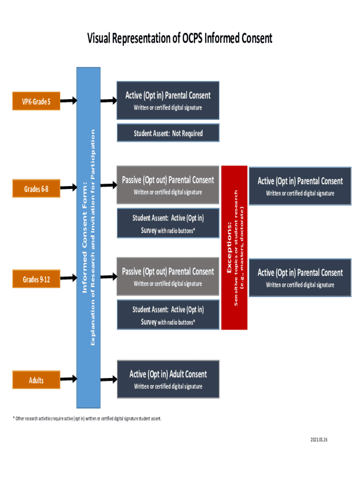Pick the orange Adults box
(x=36, y=380)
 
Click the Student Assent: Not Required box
(x=168, y=133)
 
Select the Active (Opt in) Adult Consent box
(x=168, y=379)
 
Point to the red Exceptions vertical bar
(x=234, y=247)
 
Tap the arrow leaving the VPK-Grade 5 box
(x=68, y=101)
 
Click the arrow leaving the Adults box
(x=68, y=378)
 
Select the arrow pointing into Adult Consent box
(x=108, y=378)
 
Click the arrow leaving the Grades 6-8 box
(x=68, y=187)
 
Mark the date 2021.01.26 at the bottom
(x=318, y=439)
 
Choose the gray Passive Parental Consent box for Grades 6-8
(x=168, y=185)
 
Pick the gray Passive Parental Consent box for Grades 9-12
(x=168, y=276)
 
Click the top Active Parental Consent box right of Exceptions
(x=300, y=186)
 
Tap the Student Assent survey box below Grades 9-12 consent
(x=168, y=315)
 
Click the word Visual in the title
(x=101, y=38)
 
